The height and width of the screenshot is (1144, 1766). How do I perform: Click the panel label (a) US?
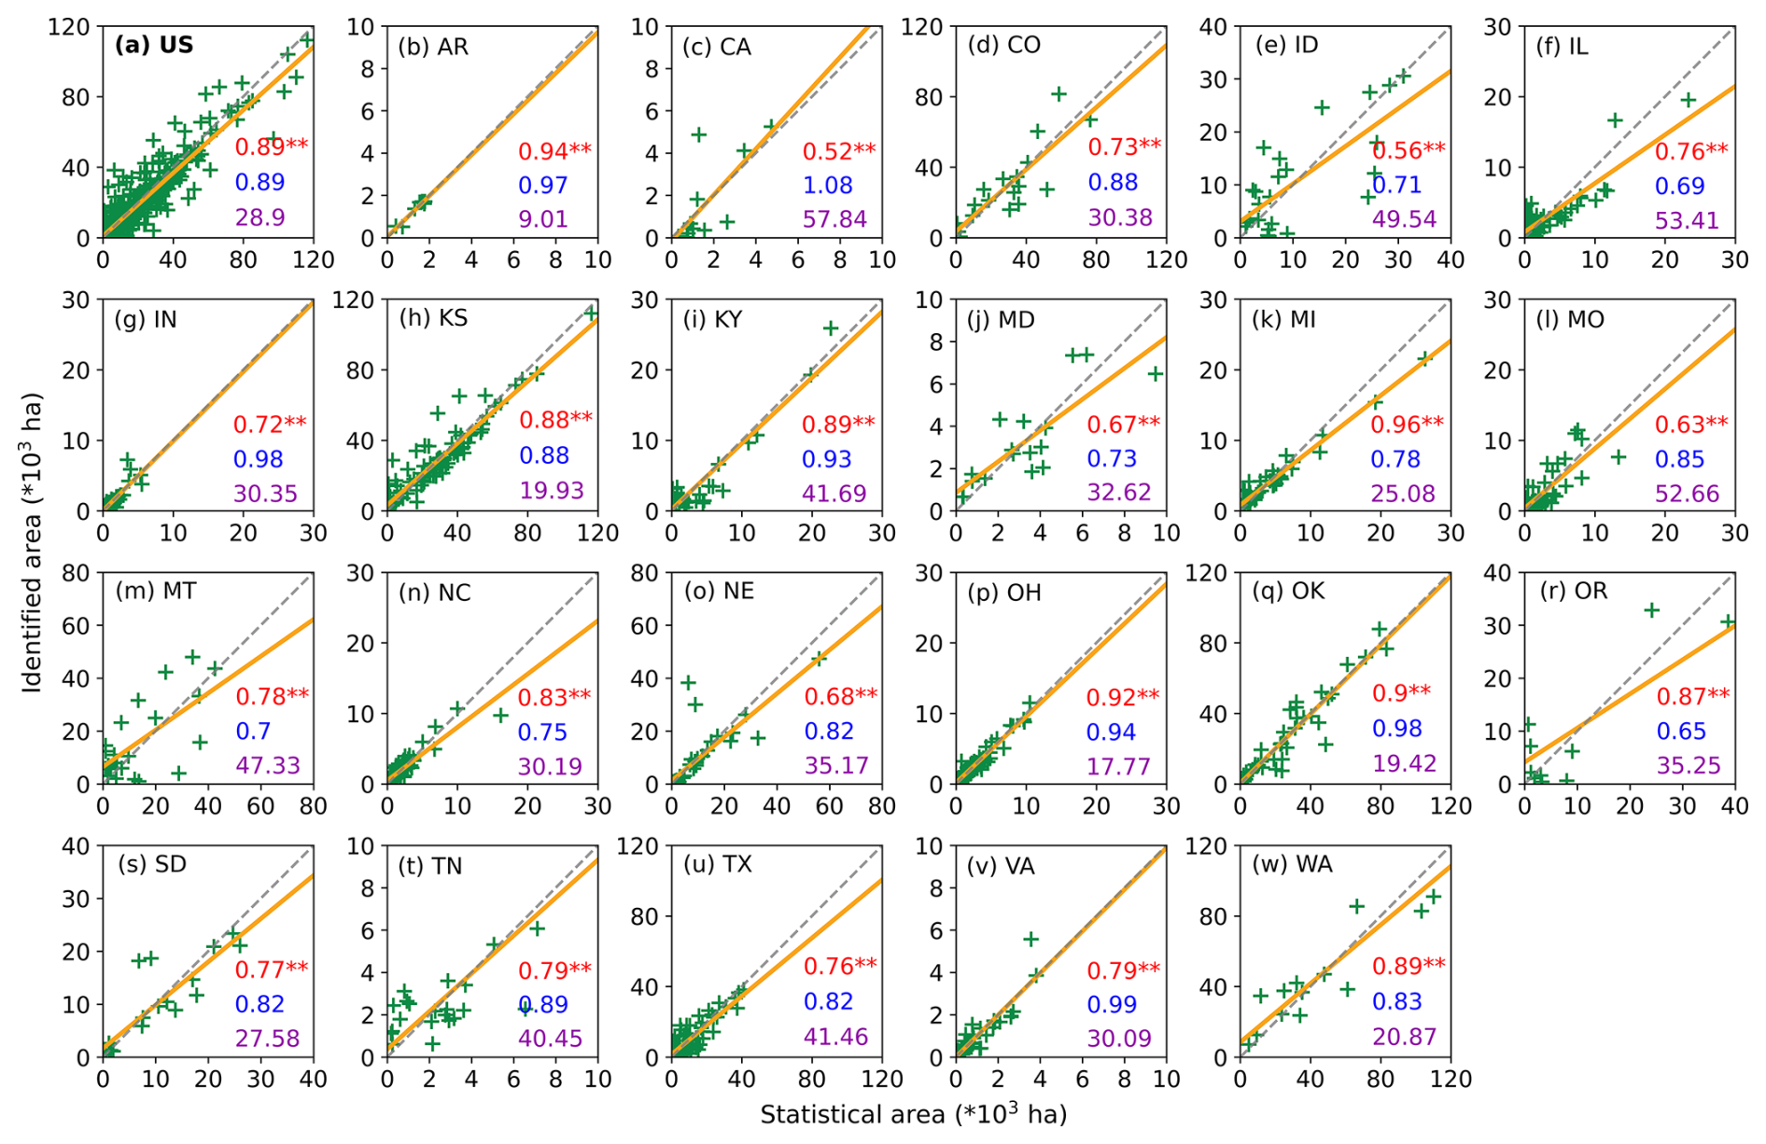coord(154,45)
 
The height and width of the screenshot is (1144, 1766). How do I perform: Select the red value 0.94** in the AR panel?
coord(554,151)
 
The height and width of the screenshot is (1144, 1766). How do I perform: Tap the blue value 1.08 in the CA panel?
coord(828,185)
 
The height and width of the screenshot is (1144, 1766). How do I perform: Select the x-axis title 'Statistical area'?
coord(912,1114)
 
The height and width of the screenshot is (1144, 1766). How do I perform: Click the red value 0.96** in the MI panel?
coord(1407,425)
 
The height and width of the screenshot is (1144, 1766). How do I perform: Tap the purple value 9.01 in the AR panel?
coord(543,219)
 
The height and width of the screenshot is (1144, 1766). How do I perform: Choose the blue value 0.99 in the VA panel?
coord(1112,1004)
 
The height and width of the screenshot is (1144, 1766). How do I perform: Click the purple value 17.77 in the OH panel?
coord(1118,766)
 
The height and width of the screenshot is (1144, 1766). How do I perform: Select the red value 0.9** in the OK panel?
coord(1401,693)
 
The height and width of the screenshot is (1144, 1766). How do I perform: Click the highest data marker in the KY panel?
coord(830,328)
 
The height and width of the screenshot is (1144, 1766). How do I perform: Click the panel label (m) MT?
coord(156,591)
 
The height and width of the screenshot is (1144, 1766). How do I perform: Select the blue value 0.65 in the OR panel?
coord(1681,732)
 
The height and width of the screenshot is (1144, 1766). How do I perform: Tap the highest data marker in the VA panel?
coord(1030,939)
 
